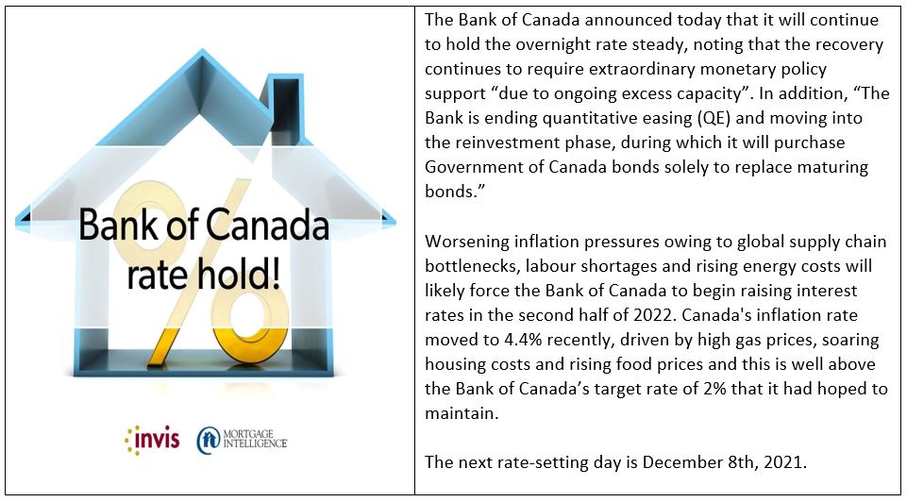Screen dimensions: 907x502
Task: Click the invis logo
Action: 152,440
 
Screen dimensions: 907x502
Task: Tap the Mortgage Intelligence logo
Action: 243,440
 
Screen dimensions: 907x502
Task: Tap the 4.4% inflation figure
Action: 511,340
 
